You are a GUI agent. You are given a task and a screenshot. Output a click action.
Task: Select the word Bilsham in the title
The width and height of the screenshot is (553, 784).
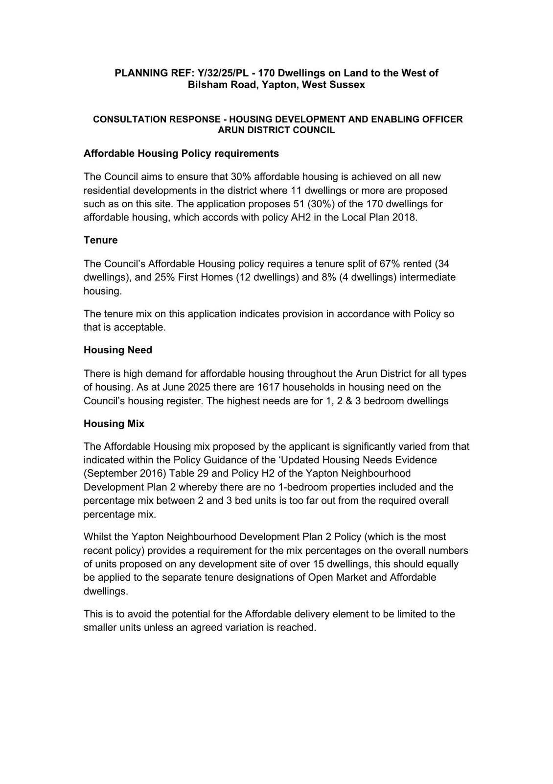pyautogui.click(x=207, y=85)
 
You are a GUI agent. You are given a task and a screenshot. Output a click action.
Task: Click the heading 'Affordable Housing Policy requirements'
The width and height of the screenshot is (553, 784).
pyautogui.click(x=181, y=153)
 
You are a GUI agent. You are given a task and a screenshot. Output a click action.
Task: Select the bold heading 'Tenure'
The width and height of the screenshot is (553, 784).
pyautogui.click(x=100, y=240)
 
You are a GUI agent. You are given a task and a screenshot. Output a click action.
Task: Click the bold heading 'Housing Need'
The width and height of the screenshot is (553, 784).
pyautogui.click(x=117, y=350)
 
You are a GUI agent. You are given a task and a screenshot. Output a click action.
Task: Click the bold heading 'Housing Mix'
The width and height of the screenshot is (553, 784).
pyautogui.click(x=114, y=423)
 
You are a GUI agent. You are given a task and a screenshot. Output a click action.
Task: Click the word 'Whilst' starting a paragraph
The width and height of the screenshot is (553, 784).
pyautogui.click(x=97, y=537)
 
